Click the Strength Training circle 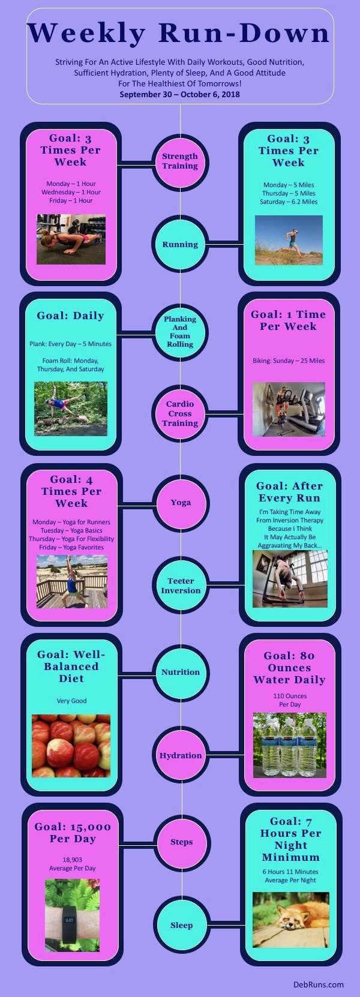click(180, 161)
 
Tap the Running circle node click(180, 244)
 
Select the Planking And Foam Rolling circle click(180, 332)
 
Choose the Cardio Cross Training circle click(180, 413)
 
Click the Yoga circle click(181, 503)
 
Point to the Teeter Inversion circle click(181, 585)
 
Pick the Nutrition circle click(181, 672)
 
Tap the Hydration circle click(181, 755)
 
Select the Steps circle click(182, 842)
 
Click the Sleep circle click(182, 926)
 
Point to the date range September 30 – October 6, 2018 click(180, 94)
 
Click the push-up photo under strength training click(71, 239)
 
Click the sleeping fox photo click(291, 926)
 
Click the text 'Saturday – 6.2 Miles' click(289, 202)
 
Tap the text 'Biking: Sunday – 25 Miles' click(289, 361)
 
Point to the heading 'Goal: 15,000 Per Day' click(73, 832)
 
